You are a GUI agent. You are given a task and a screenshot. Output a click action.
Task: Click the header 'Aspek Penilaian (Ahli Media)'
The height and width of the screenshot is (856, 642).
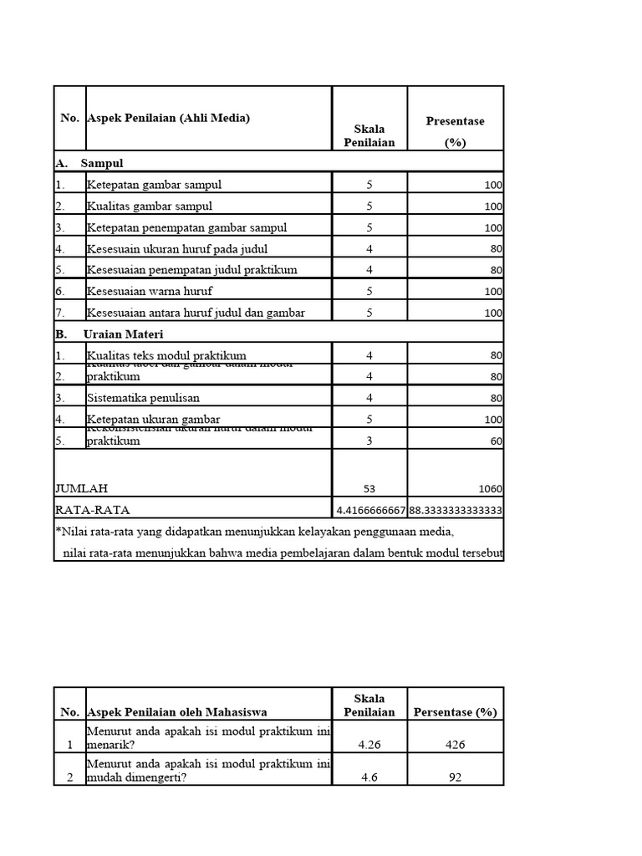(x=168, y=119)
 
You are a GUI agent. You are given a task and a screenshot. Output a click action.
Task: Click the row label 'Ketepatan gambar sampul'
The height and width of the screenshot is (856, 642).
(x=154, y=185)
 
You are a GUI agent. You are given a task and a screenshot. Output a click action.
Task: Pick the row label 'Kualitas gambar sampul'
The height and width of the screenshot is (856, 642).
(x=149, y=206)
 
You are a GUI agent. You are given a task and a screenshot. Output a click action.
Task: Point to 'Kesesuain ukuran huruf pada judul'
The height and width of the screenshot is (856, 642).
(x=176, y=248)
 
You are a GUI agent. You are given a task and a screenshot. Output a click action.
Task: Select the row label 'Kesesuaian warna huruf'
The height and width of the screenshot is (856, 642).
(x=149, y=291)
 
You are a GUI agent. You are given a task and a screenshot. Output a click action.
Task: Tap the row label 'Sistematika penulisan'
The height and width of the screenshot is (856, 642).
(x=143, y=398)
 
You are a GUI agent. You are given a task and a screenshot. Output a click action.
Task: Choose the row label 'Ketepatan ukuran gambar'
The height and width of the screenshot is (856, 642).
(x=153, y=419)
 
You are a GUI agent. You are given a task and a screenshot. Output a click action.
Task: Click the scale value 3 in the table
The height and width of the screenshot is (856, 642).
(x=369, y=441)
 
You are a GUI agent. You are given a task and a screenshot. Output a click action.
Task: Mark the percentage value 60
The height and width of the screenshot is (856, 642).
(x=496, y=441)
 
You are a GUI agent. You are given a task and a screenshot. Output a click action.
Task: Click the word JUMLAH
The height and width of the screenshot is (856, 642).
(x=82, y=488)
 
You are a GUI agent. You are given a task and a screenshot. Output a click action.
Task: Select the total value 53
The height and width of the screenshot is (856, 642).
(x=369, y=488)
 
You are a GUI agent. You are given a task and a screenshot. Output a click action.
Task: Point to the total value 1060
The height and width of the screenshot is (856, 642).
(x=489, y=488)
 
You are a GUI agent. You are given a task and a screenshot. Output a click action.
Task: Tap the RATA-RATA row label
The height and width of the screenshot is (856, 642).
(x=93, y=509)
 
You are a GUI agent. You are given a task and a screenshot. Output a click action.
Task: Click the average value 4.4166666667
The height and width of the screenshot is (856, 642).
(x=370, y=510)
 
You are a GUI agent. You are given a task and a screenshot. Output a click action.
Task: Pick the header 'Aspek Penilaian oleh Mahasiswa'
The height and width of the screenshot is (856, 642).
(x=176, y=712)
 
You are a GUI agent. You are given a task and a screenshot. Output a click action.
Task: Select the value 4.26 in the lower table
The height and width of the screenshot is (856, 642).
(x=369, y=744)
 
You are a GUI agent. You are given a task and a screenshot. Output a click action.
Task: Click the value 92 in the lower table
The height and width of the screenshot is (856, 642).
(x=455, y=777)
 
